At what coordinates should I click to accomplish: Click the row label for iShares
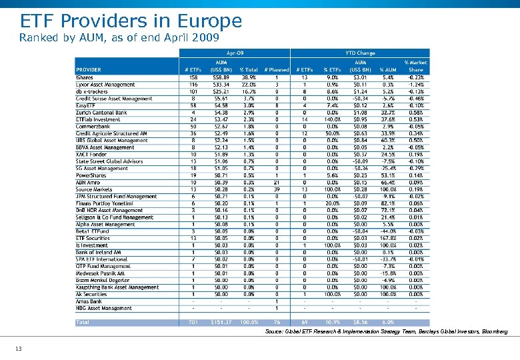(85, 77)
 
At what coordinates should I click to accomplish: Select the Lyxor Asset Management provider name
(105, 85)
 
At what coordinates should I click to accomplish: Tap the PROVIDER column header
(89, 70)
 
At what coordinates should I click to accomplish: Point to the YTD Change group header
(359, 52)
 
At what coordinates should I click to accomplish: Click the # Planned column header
(276, 70)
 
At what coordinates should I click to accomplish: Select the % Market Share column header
(416, 66)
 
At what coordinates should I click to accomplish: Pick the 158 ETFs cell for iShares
(193, 77)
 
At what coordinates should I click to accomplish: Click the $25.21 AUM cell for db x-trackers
(221, 91)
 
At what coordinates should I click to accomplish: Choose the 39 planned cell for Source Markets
(276, 189)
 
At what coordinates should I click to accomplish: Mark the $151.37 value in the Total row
(221, 323)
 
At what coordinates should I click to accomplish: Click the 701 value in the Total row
(193, 323)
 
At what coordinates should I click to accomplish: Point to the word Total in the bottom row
(83, 323)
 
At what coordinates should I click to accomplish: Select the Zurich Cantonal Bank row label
(101, 113)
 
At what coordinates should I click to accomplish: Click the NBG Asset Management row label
(103, 308)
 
